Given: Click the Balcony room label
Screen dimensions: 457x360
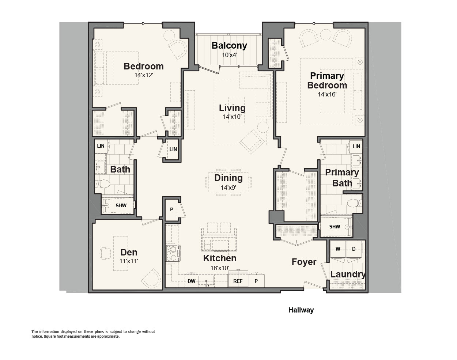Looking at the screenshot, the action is (229, 45).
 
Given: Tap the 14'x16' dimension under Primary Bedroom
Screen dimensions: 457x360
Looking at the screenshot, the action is (327, 94).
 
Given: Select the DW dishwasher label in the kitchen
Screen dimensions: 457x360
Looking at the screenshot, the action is (191, 281).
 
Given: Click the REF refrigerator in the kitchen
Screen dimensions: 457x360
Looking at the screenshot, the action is (238, 281).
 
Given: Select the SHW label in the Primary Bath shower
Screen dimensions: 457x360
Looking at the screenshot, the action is (335, 227).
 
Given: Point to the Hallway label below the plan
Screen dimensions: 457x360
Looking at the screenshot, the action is (301, 310).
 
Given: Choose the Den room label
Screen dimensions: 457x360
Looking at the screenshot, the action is (129, 253).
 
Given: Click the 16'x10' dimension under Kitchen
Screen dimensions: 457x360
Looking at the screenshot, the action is (220, 268).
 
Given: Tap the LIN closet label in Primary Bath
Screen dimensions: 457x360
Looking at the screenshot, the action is (356, 146).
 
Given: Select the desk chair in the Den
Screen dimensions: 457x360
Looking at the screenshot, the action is (105, 253).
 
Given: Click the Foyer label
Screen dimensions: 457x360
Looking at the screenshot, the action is (304, 262).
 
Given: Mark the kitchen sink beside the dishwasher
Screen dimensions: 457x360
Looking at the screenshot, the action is (206, 282).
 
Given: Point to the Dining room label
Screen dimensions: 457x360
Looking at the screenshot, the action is (228, 178).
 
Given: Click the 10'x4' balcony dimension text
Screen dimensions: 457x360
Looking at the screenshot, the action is (229, 55).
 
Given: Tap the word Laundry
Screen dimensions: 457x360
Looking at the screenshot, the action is (348, 274).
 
